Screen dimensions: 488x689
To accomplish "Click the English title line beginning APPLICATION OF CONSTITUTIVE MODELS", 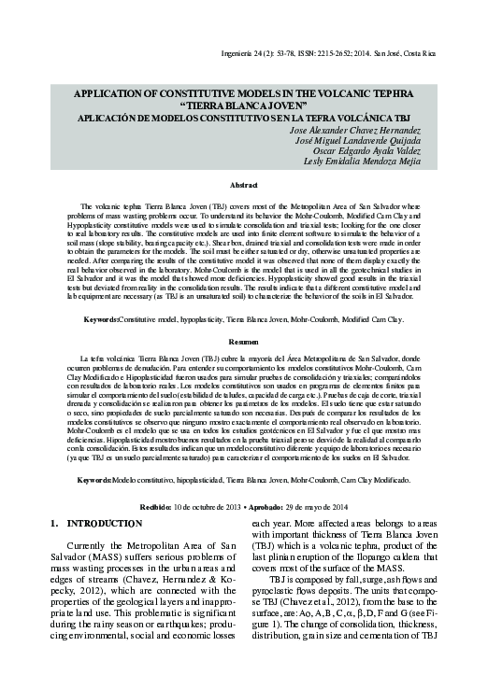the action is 243,95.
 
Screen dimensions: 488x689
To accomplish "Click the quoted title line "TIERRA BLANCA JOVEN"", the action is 243,107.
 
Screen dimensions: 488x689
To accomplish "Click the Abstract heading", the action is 243,186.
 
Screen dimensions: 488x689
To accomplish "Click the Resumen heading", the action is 243,344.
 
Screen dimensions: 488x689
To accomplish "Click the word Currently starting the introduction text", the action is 91,544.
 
